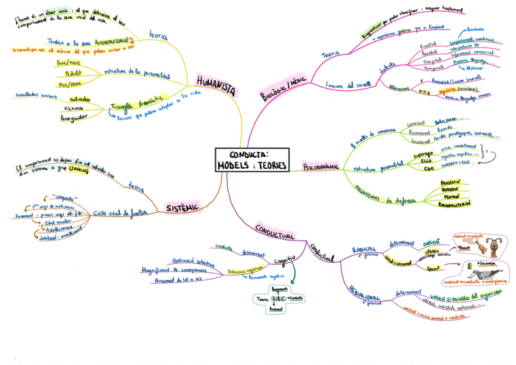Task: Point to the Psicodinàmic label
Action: pyautogui.click(x=321, y=166)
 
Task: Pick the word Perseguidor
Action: pyautogui.click(x=75, y=116)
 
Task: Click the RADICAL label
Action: pyautogui.click(x=364, y=249)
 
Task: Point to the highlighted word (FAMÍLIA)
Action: pyautogui.click(x=83, y=172)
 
